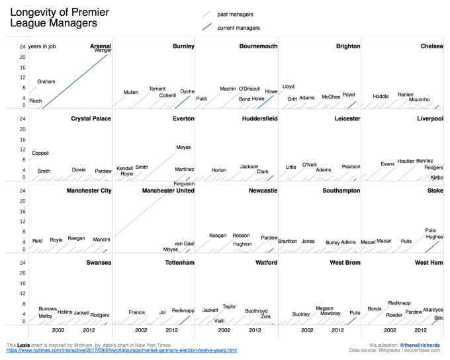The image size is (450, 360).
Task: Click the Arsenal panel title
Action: pos(101,46)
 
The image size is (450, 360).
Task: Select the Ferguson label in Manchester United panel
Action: pos(184,184)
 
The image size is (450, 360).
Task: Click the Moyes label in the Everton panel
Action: pos(183,147)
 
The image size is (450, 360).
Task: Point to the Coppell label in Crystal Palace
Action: pos(40,153)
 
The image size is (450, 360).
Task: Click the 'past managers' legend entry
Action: pos(235,14)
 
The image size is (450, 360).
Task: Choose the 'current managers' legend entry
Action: pos(238,28)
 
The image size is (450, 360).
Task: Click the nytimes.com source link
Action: pos(121,350)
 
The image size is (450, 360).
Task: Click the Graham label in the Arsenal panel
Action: pos(46,81)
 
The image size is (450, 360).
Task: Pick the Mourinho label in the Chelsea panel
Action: pos(419,99)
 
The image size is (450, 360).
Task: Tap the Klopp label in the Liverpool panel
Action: pos(437,177)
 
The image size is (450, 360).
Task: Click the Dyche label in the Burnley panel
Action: pos(187,92)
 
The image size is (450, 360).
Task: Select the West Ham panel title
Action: pos(429,263)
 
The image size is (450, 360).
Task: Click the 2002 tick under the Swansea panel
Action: pos(58,330)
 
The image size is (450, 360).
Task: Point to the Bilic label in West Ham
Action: pos(438,318)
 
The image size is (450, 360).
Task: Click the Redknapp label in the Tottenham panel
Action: pos(183,310)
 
